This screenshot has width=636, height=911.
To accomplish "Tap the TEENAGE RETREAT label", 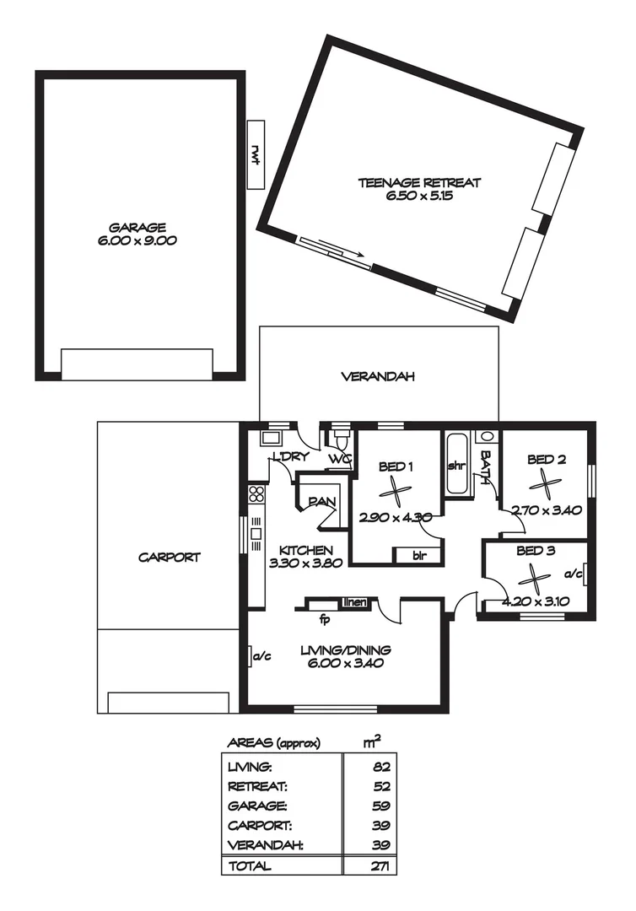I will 419,182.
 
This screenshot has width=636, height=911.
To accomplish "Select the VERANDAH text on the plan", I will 377,377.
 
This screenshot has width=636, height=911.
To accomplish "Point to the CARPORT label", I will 169,558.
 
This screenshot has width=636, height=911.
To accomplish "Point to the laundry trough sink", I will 270,438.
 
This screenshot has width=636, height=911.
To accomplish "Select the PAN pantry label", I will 321,501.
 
